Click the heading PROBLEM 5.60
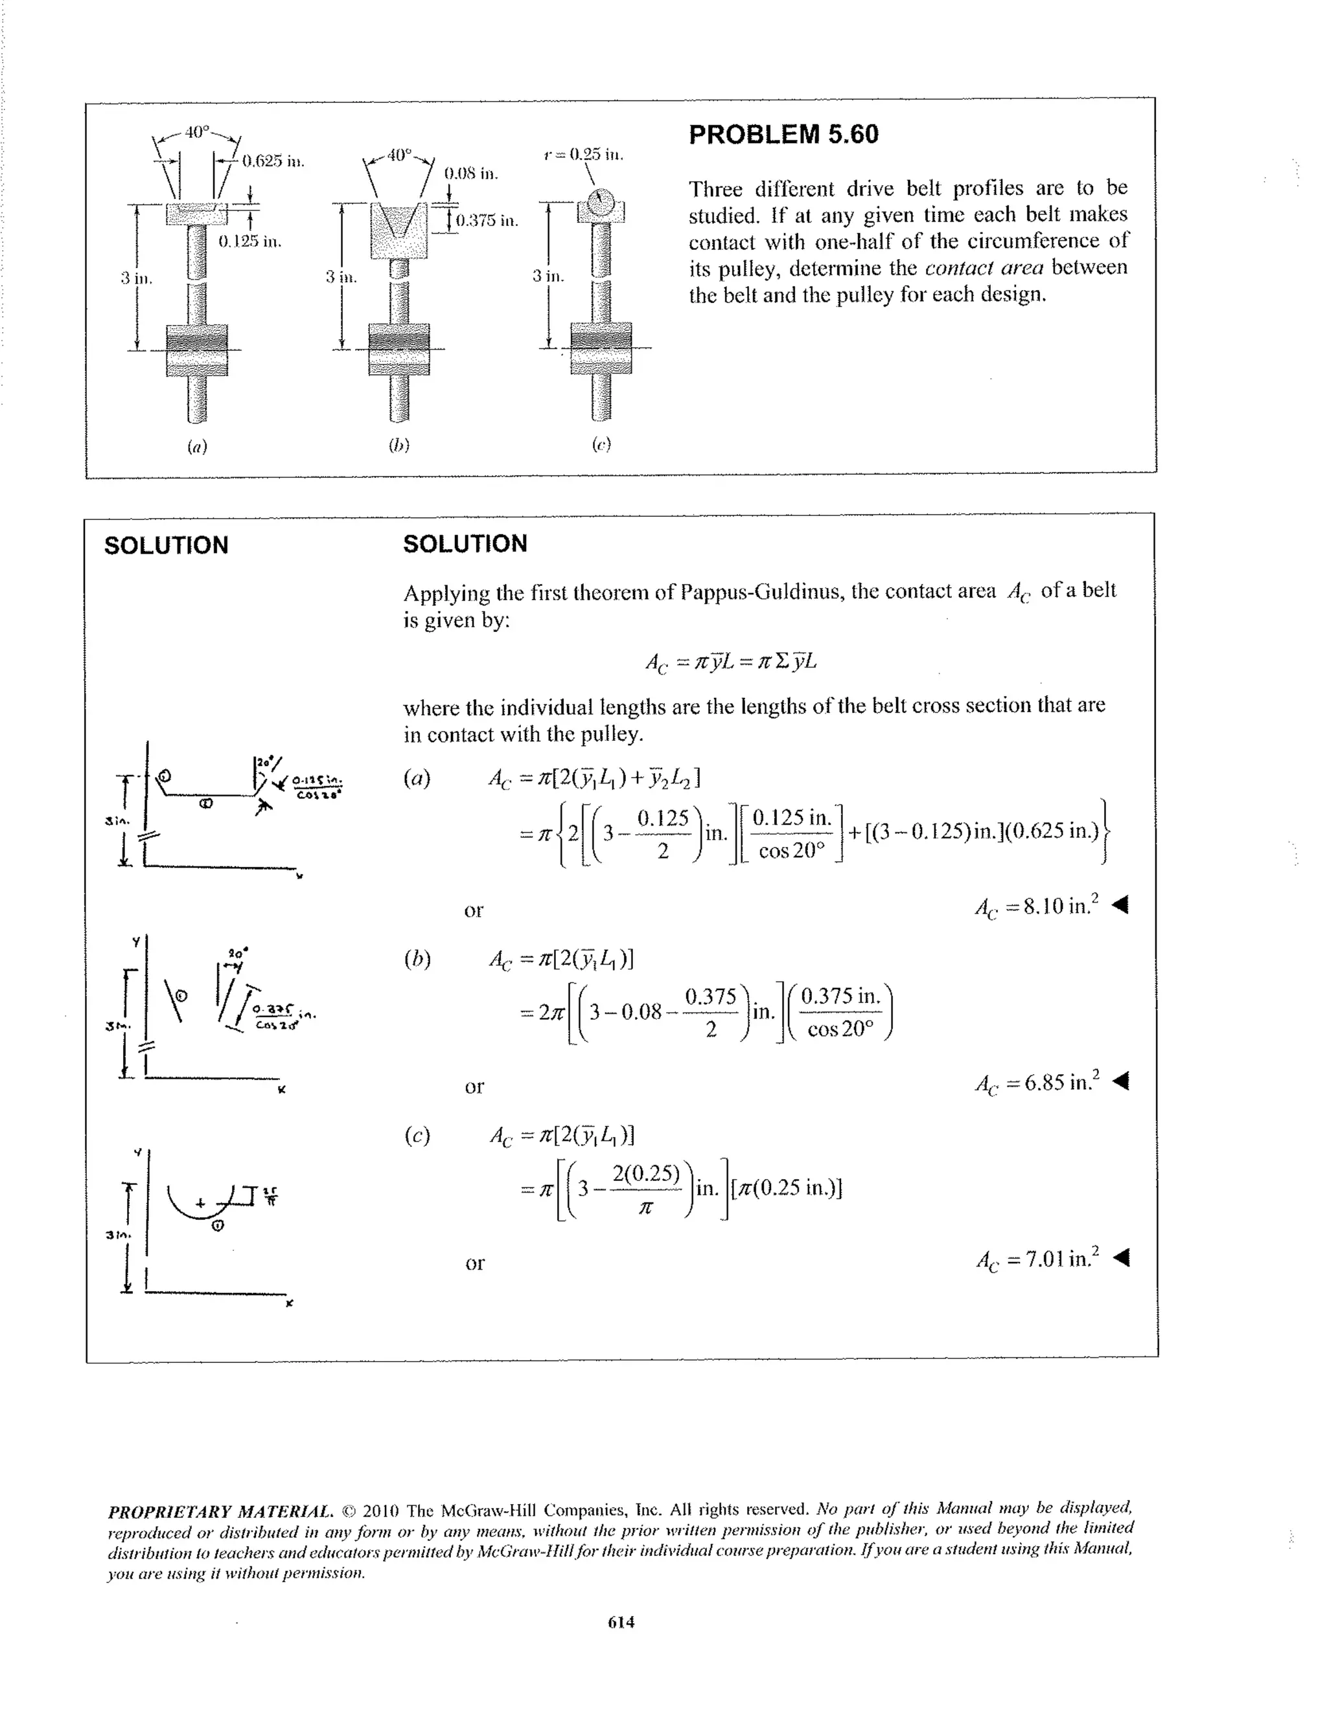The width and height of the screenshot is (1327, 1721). (783, 135)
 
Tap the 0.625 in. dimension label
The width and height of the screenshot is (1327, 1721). (273, 161)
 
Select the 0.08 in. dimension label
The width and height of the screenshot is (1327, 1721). (470, 174)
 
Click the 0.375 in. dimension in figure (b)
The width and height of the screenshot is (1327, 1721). (487, 221)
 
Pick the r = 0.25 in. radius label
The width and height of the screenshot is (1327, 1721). (583, 155)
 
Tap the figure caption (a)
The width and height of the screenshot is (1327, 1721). (197, 446)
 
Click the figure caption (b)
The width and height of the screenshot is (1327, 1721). (399, 445)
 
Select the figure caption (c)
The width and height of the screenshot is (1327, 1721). (601, 444)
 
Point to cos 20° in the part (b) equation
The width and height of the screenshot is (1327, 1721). (840, 1029)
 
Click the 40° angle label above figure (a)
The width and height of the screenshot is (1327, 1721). (198, 131)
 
